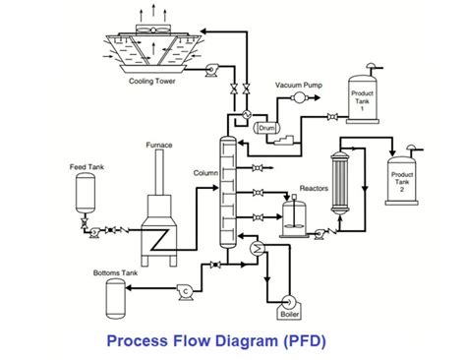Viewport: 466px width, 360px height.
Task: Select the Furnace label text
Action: point(160,145)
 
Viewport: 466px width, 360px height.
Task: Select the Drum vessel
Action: point(265,128)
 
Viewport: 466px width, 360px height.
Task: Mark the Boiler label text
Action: point(289,316)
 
